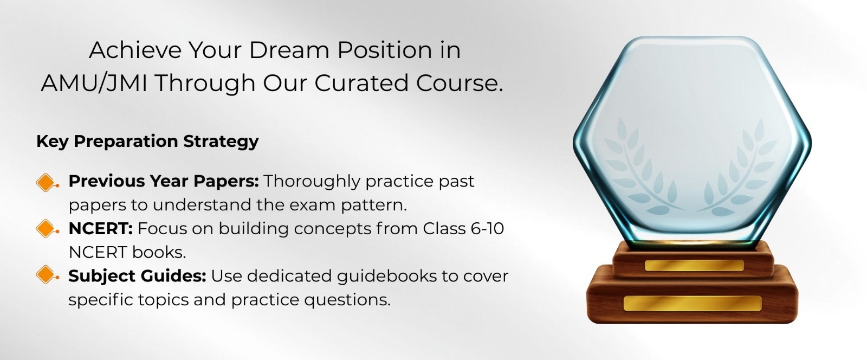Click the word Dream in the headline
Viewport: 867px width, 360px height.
pyautogui.click(x=290, y=50)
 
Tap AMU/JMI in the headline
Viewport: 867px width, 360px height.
pyautogui.click(x=94, y=83)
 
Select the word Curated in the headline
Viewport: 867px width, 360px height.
pyautogui.click(x=361, y=83)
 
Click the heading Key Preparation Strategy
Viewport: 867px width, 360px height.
pyautogui.click(x=147, y=142)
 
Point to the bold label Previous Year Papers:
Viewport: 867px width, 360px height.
pyautogui.click(x=164, y=181)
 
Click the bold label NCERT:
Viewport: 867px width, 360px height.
pyautogui.click(x=101, y=228)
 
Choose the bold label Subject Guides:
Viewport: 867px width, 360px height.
pyautogui.click(x=138, y=277)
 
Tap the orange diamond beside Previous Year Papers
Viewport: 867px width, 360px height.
pyautogui.click(x=46, y=182)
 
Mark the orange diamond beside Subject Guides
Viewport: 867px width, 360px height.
pyautogui.click(x=46, y=275)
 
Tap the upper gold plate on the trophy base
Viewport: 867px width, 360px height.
pyautogui.click(x=694, y=266)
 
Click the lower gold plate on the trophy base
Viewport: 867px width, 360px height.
pyautogui.click(x=693, y=304)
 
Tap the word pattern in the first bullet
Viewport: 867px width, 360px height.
pyautogui.click(x=374, y=205)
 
